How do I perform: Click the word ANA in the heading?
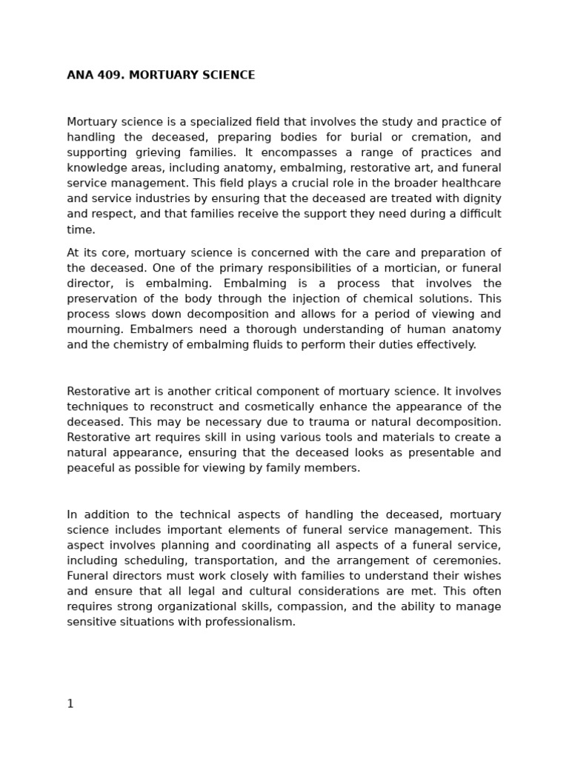point(79,76)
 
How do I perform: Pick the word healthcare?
point(470,184)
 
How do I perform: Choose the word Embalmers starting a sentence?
point(94,329)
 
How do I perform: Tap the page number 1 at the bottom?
point(70,704)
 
